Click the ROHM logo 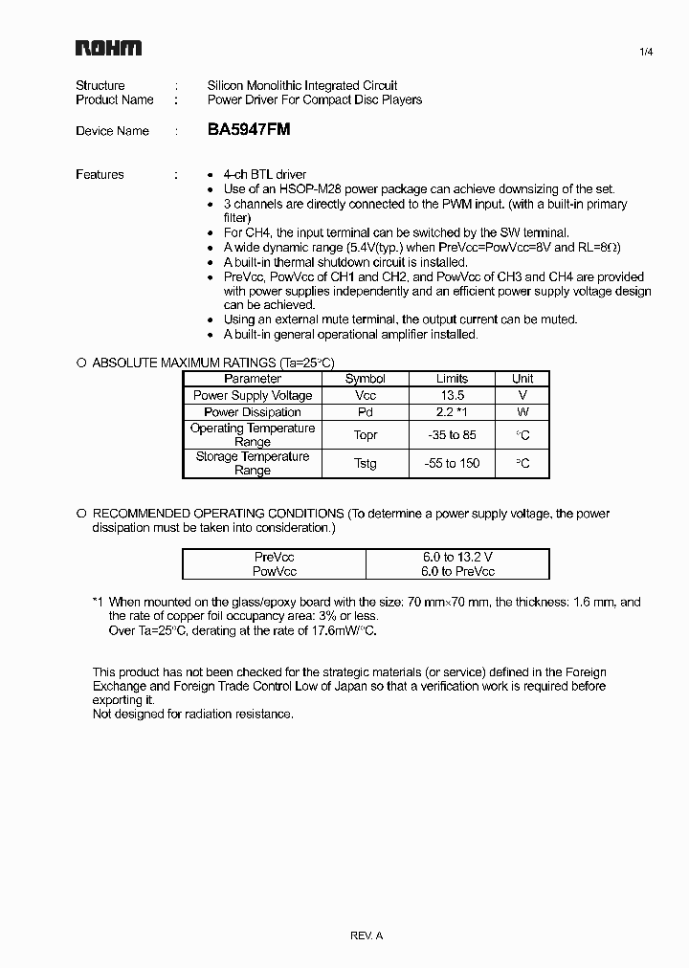click(x=108, y=49)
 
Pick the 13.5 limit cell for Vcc click(x=451, y=395)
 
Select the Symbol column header click(x=365, y=379)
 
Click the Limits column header click(x=452, y=379)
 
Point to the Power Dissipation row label click(x=253, y=412)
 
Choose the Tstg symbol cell click(x=365, y=464)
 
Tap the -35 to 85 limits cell click(x=451, y=435)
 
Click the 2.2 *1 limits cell click(x=451, y=412)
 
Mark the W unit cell click(x=522, y=412)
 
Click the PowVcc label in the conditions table click(x=276, y=571)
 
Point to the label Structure click(x=100, y=85)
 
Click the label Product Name click(x=115, y=99)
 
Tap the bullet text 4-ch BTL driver click(x=265, y=174)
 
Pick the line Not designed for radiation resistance click(x=192, y=714)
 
